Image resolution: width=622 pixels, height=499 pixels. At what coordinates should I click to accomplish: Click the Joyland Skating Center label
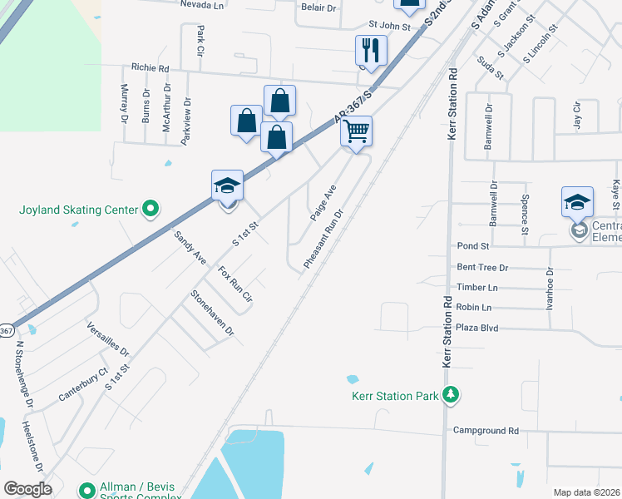[x=77, y=210]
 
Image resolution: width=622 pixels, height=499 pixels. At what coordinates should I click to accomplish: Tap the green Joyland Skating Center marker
[x=150, y=209]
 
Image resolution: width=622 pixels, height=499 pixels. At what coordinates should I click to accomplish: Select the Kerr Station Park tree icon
[x=451, y=395]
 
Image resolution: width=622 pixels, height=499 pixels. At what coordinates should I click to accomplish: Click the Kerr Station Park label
[x=393, y=396]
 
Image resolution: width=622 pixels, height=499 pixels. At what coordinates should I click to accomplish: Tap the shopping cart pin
[x=356, y=131]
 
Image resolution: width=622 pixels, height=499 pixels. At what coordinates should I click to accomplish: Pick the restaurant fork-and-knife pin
[x=371, y=51]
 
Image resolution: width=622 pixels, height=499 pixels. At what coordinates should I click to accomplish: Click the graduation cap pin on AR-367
[x=227, y=185]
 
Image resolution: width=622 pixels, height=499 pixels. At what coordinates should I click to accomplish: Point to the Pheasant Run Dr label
[x=323, y=238]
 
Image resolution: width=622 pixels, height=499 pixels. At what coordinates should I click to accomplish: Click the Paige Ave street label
[x=323, y=203]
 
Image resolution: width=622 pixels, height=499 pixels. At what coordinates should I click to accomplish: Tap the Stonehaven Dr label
[x=212, y=312]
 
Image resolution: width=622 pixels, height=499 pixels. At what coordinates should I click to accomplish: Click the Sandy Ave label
[x=190, y=248]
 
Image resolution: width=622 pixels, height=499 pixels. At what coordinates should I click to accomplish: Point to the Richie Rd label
[x=150, y=67]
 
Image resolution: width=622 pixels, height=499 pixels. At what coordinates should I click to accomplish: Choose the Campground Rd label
[x=486, y=431]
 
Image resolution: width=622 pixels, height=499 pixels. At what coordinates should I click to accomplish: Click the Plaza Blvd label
[x=477, y=328]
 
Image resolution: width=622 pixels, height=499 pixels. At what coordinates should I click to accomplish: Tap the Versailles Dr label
[x=108, y=339]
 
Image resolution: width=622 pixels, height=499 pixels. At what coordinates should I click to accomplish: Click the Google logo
[x=27, y=489]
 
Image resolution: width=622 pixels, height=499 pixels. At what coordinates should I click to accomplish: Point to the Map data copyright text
[x=587, y=492]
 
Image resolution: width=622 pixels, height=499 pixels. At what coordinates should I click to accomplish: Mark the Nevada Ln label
[x=203, y=4]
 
